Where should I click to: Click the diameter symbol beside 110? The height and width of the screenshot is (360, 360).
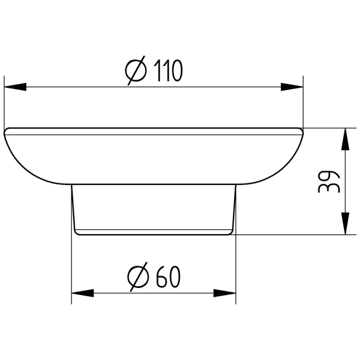point(135,71)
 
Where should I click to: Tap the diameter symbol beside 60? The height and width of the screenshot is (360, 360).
point(138,277)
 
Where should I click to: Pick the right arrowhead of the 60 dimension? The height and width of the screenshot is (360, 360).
point(225,293)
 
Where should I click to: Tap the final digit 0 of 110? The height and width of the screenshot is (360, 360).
point(176,71)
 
